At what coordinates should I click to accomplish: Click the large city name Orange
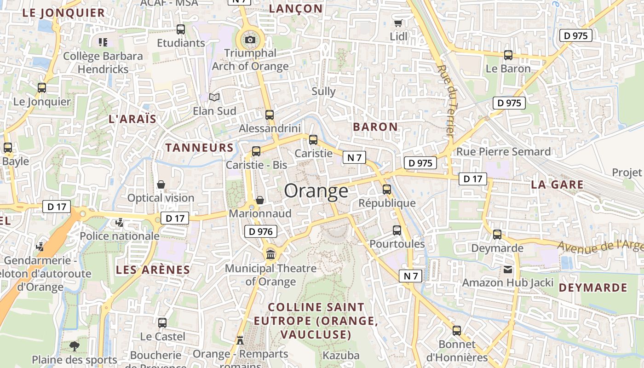(316, 190)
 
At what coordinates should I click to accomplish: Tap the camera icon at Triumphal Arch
(250, 40)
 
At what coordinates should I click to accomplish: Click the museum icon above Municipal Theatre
(270, 254)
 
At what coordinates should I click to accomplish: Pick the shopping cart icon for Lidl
(398, 23)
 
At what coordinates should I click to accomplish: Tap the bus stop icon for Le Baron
(508, 55)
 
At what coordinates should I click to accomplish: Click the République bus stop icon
(387, 190)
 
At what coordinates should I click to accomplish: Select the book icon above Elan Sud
(214, 97)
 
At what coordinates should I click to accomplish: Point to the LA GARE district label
(557, 185)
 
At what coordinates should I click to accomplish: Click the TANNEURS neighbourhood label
(200, 148)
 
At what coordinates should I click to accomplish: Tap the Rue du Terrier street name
(447, 101)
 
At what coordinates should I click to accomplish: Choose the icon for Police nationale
(120, 223)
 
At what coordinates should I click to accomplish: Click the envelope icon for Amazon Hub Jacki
(508, 270)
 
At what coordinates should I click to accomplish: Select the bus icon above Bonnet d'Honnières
(457, 331)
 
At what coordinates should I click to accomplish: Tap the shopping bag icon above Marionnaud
(260, 200)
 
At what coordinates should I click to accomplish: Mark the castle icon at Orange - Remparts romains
(240, 340)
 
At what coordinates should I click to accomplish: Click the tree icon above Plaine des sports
(75, 346)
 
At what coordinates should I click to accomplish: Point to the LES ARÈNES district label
(153, 270)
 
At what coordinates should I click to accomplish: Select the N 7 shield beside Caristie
(354, 158)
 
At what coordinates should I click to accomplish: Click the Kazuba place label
(341, 355)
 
